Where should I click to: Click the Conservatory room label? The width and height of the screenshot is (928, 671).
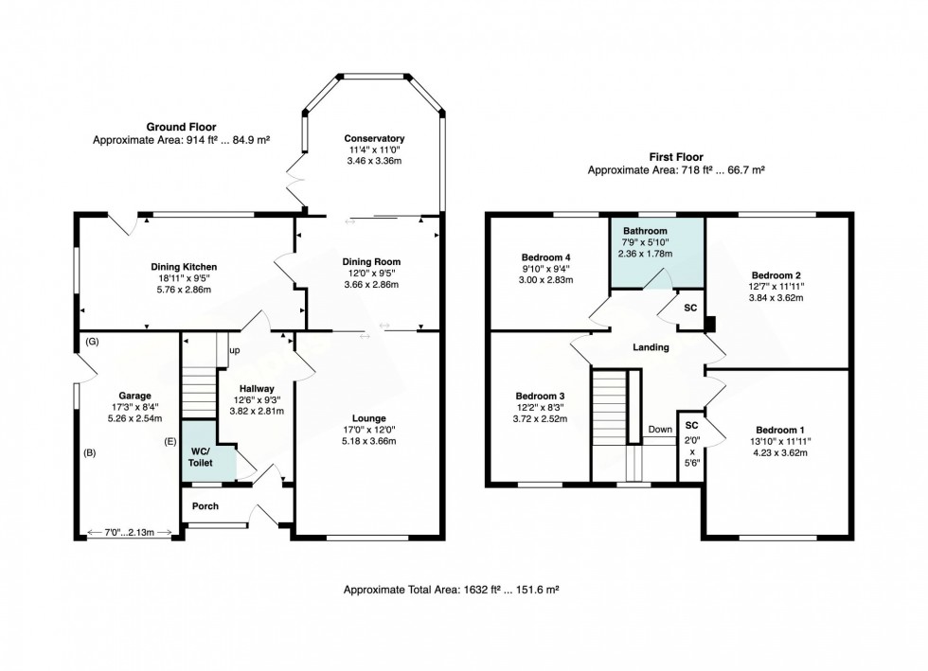click(374, 138)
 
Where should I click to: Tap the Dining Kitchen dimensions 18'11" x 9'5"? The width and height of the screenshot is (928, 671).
click(184, 278)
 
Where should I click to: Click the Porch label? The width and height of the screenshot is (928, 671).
click(205, 506)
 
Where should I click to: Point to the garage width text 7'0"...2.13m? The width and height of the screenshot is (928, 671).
click(129, 533)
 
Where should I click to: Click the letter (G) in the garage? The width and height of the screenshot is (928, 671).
click(92, 342)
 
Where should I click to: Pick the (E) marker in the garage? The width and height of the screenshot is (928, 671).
click(170, 441)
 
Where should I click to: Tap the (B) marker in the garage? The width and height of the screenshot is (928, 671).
click(89, 452)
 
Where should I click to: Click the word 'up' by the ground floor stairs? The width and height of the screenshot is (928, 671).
click(235, 350)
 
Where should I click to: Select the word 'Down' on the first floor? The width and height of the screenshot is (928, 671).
click(660, 429)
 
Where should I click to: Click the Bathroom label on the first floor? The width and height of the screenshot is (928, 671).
click(645, 231)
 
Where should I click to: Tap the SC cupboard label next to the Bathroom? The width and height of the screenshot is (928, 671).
click(690, 308)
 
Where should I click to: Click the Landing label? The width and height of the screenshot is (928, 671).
click(651, 347)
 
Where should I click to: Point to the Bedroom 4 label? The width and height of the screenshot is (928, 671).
click(545, 257)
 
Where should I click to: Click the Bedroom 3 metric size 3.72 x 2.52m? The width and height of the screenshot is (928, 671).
click(540, 419)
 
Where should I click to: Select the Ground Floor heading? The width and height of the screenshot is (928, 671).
click(181, 127)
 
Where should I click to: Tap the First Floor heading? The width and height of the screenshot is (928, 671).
click(676, 157)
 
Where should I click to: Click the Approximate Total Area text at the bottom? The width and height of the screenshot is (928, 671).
click(452, 590)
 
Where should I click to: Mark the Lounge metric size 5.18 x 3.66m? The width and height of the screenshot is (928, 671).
click(368, 441)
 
